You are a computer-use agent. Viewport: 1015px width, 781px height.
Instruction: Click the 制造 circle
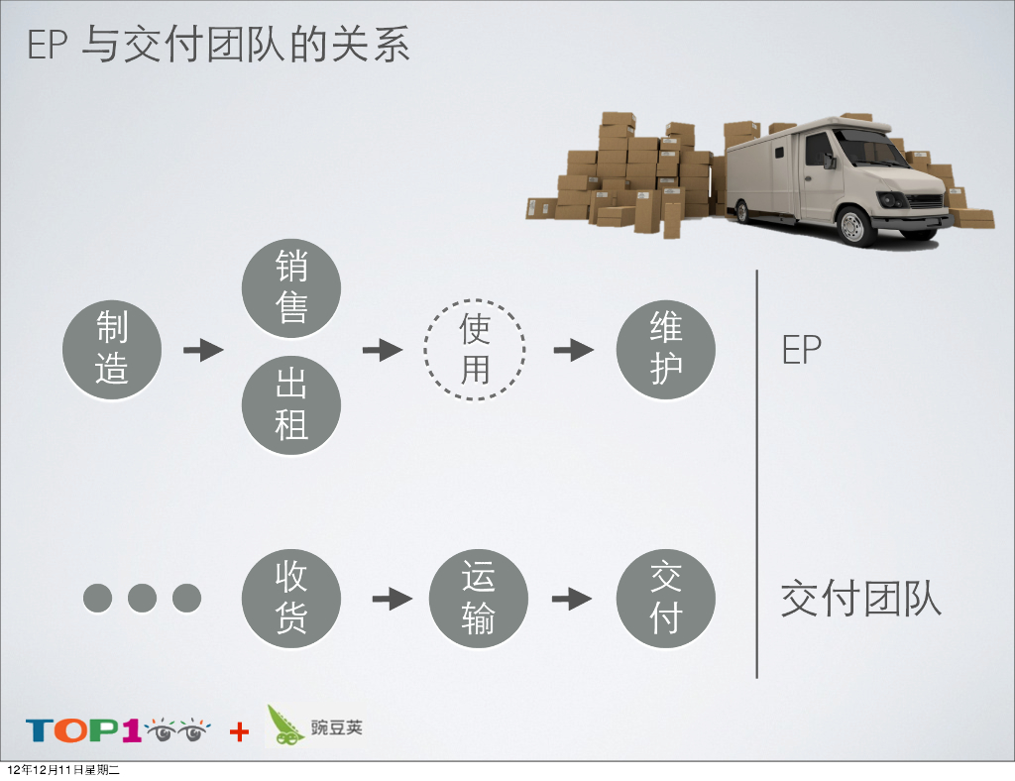coord(111,350)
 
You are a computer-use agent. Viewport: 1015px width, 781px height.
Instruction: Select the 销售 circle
coord(291,287)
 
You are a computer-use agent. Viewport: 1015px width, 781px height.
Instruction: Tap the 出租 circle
coord(291,405)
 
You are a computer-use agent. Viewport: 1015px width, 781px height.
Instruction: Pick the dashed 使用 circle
coord(475,350)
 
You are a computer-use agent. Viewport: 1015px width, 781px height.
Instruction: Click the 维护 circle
coord(666,350)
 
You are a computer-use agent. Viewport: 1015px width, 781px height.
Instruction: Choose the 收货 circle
coord(291,599)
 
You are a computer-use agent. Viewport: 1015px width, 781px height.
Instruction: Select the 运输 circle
coord(478,599)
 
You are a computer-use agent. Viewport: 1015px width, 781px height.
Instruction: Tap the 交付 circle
coord(666,599)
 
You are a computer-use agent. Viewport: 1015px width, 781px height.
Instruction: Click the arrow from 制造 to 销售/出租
coord(203,350)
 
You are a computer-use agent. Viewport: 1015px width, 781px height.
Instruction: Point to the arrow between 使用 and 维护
coord(573,350)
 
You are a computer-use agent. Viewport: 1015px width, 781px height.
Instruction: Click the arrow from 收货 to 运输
coord(392,599)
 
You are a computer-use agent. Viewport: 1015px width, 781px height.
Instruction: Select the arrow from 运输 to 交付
coord(572,599)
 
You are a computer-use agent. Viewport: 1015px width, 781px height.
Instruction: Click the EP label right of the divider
coord(801,350)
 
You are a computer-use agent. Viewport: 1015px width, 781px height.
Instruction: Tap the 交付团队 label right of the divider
coord(860,600)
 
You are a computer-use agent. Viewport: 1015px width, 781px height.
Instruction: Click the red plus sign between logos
coord(239,732)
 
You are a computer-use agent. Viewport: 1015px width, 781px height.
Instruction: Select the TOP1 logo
coord(117,731)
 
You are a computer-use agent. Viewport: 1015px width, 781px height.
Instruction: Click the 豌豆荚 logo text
coord(337,727)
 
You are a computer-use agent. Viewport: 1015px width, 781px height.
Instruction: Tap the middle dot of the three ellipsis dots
coord(142,598)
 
